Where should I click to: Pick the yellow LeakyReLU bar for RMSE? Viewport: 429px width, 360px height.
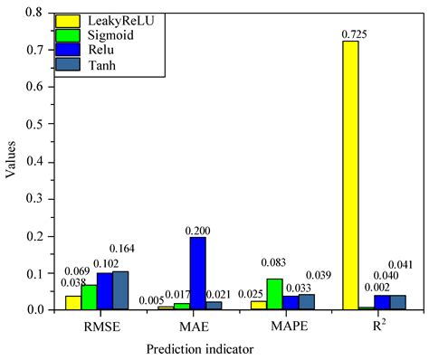coord(72,302)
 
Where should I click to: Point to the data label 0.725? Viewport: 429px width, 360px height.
coord(351,33)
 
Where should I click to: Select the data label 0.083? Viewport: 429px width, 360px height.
coord(273,262)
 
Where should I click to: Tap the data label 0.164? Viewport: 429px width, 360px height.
coord(122,249)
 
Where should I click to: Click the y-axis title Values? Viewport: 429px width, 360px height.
coord(11,161)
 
